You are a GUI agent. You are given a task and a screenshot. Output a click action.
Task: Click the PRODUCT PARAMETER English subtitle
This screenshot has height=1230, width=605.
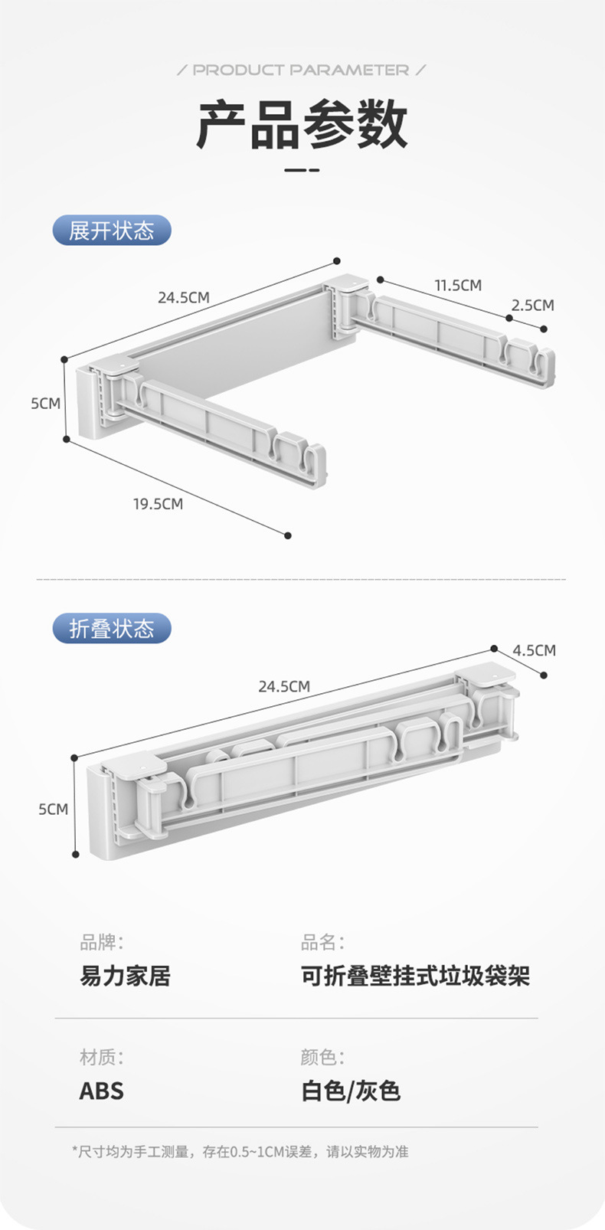[301, 70]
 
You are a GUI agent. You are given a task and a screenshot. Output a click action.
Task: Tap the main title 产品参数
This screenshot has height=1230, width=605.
[302, 124]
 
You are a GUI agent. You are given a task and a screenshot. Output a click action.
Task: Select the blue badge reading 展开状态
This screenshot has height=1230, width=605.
[112, 231]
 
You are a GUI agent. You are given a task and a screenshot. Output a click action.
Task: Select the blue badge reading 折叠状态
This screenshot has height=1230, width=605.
[112, 629]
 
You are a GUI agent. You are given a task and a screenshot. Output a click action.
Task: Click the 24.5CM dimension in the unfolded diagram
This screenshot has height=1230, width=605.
[183, 297]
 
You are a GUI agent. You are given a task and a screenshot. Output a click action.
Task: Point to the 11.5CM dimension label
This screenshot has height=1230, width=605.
[458, 285]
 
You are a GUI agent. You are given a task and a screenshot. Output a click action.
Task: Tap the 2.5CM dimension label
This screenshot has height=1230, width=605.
[532, 305]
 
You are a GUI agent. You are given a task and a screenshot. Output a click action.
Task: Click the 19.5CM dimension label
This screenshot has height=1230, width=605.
[158, 503]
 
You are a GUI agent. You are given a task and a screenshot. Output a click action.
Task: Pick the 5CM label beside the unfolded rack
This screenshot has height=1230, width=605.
[45, 403]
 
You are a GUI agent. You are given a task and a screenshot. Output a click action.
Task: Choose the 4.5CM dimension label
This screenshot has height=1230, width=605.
[534, 650]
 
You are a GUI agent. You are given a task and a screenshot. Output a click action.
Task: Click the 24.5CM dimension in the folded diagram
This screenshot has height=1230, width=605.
[284, 686]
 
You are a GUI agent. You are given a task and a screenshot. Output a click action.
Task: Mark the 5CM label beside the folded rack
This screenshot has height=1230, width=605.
[54, 809]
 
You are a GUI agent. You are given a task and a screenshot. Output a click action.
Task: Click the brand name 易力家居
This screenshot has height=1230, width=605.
[125, 976]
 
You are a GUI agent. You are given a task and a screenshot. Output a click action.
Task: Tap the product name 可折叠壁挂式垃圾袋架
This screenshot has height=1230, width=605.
[415, 976]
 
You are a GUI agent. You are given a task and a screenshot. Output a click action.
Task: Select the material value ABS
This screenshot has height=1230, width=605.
[101, 1091]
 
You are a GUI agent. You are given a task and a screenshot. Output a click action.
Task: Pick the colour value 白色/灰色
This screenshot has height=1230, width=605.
[350, 1091]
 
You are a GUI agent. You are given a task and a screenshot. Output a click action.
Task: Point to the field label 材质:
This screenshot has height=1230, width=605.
[101, 1057]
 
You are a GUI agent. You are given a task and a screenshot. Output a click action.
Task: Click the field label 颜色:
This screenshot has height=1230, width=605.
[322, 1057]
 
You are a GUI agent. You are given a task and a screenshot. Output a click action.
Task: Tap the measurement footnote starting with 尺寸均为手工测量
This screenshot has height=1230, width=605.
[240, 1151]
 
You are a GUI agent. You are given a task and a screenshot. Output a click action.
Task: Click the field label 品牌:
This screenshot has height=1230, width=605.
[101, 942]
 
